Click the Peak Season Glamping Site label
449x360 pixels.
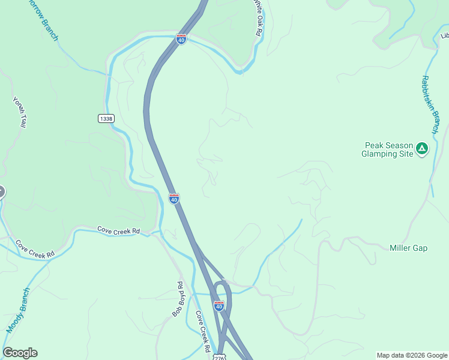click(x=389, y=149)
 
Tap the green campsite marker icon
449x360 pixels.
click(x=422, y=148)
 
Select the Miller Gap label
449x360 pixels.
click(x=408, y=248)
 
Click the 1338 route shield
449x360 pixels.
click(x=106, y=119)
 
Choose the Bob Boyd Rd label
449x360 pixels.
click(x=178, y=299)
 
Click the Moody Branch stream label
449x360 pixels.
click(x=18, y=311)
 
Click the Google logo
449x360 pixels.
click(x=20, y=353)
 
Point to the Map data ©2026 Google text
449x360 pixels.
click(x=411, y=355)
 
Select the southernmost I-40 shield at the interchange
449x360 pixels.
click(x=219, y=306)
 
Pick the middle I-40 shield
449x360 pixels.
click(x=173, y=199)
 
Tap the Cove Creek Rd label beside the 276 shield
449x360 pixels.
click(x=202, y=332)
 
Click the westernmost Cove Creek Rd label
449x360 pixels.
click(x=35, y=249)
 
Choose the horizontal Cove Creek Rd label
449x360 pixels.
click(x=118, y=230)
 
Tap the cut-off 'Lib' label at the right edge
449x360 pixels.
click(x=444, y=36)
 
